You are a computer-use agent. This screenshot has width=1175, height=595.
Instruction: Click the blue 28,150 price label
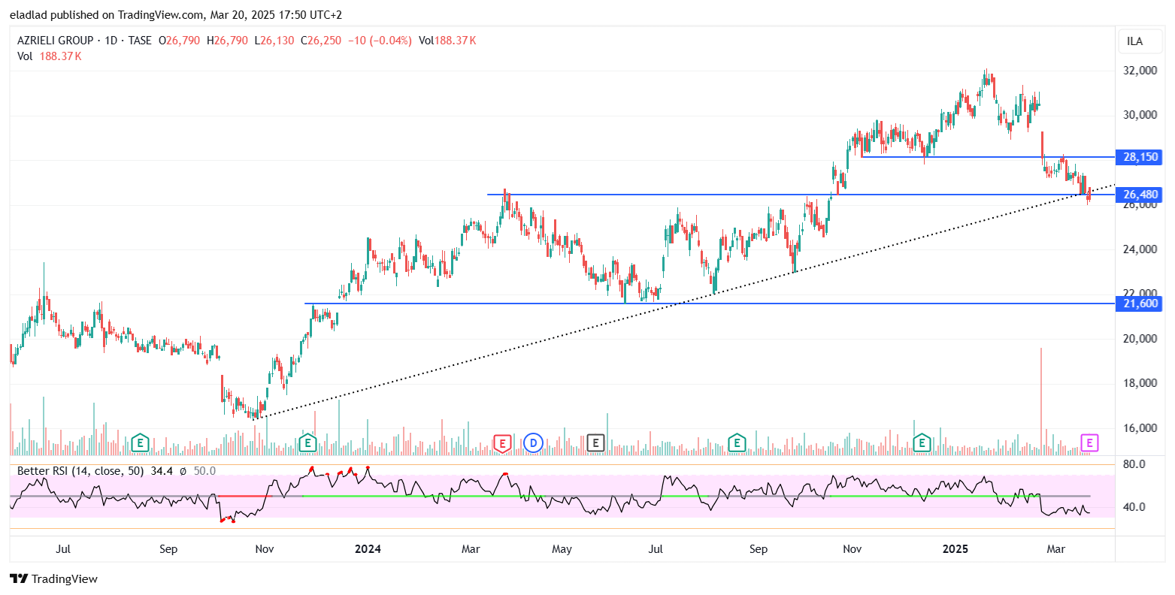point(1140,157)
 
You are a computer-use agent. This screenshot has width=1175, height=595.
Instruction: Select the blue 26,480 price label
point(1140,195)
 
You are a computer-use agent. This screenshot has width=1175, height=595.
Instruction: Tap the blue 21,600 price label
point(1140,304)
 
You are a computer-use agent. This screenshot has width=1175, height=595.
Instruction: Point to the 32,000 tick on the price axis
point(1140,71)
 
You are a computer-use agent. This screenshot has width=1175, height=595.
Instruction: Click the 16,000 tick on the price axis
point(1140,428)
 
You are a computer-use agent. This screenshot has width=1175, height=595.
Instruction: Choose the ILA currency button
point(1134,41)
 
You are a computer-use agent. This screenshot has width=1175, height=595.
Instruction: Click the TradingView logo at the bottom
point(53,578)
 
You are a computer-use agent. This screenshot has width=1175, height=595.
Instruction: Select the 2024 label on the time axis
point(368,549)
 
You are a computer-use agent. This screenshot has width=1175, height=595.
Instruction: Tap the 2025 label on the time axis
point(956,549)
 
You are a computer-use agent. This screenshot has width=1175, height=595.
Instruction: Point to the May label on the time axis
point(562,549)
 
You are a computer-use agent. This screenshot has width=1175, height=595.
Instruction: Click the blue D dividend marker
point(533,442)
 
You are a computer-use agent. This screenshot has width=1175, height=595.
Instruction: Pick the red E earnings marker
point(502,443)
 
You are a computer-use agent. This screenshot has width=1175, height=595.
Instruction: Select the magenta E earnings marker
point(1089,442)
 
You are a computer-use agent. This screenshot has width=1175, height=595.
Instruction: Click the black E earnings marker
point(595,442)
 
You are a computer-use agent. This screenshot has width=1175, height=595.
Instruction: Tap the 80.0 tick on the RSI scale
point(1134,464)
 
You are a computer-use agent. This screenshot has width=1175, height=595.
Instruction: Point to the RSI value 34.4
point(162,471)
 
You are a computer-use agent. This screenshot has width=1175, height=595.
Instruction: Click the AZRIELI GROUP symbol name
point(56,41)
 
